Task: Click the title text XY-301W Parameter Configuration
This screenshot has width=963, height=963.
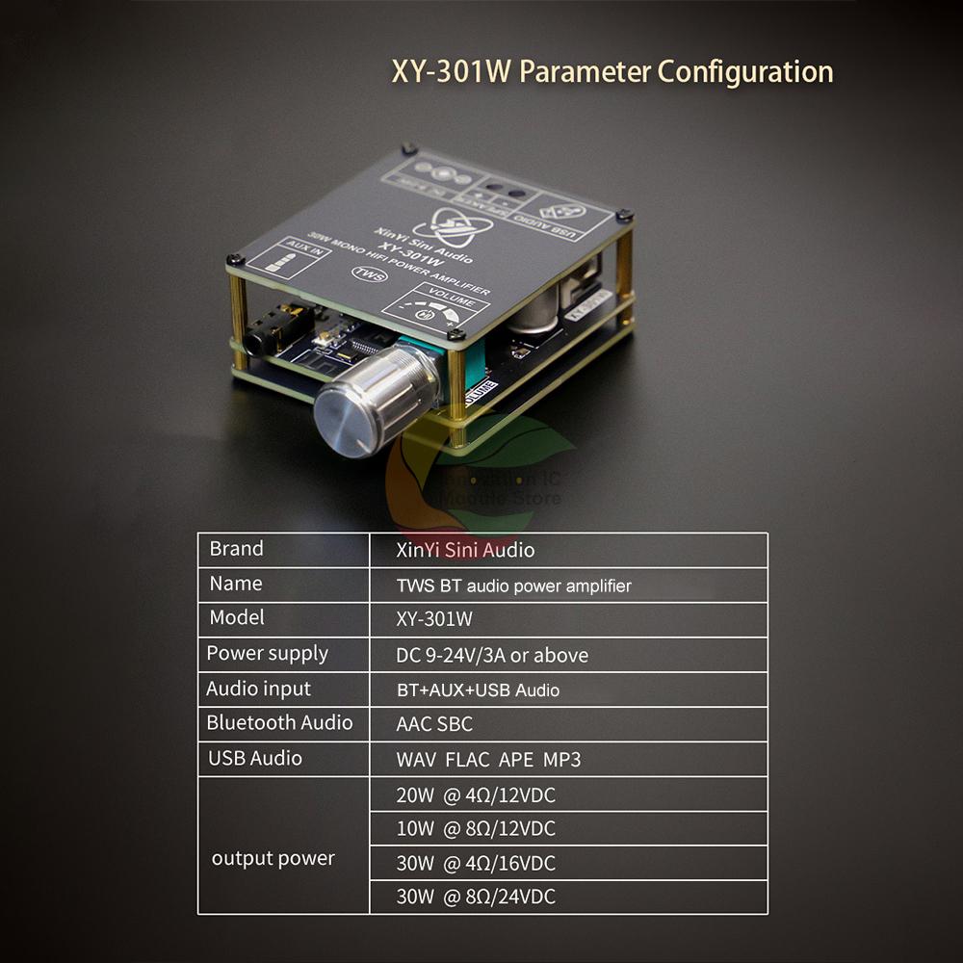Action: point(612,72)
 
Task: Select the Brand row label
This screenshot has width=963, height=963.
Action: point(236,549)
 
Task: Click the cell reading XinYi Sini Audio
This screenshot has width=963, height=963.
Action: point(465,550)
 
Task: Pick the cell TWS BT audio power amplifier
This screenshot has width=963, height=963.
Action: point(513,585)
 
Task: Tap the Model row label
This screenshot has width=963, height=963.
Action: point(237,618)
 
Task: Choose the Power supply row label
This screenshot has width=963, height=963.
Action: point(267,654)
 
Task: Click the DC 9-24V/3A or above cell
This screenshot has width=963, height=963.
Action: point(491,655)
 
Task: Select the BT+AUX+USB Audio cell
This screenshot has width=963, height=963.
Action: point(478,690)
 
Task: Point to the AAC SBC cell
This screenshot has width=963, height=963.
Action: point(434,724)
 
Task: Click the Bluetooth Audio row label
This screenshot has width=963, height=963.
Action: point(279,723)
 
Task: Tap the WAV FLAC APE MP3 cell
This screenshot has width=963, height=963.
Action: point(488,760)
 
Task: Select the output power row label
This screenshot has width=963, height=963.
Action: point(273,859)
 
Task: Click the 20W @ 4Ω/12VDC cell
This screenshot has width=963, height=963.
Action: point(476,795)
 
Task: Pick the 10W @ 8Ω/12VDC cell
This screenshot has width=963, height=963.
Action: point(476,829)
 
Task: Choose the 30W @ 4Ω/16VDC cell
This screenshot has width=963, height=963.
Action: point(476,864)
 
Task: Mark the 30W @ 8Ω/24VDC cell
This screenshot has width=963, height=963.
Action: point(476,898)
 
